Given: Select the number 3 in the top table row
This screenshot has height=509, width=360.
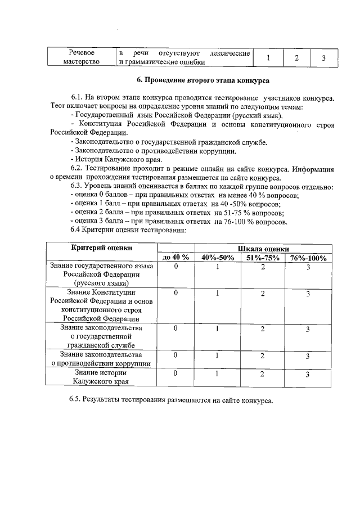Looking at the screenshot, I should [323, 58].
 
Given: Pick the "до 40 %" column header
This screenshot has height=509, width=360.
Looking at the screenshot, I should [175, 258].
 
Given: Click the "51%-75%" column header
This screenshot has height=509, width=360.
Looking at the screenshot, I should [263, 258].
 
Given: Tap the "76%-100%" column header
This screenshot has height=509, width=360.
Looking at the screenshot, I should [308, 258].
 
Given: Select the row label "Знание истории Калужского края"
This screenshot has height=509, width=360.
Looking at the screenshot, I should [101, 377].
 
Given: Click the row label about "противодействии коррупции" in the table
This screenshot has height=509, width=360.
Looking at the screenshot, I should [101, 359].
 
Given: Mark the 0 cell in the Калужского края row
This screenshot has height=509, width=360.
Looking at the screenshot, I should [175, 373].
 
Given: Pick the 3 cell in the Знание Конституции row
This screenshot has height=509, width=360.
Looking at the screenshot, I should [308, 294].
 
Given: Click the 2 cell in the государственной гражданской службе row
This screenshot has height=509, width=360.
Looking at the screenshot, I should [263, 329].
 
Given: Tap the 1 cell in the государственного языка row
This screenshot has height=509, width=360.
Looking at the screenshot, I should [217, 267].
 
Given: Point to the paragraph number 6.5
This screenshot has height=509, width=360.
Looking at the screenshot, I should [76, 400].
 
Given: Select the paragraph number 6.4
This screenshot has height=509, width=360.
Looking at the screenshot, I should [77, 229].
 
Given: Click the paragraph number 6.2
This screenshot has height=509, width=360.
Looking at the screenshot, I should [76, 168].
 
